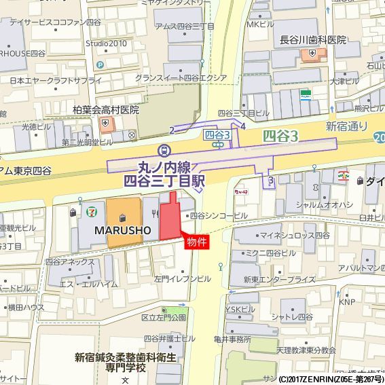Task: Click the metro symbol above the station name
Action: [163, 150]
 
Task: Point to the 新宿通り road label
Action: [347, 126]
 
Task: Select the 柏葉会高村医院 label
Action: [106, 109]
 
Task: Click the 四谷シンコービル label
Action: [219, 215]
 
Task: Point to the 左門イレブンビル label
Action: [183, 278]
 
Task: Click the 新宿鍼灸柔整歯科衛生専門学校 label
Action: [126, 362]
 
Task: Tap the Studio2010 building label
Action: [106, 44]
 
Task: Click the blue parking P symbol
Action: [99, 65]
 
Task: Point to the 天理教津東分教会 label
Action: [306, 350]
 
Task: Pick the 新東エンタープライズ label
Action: [279, 279]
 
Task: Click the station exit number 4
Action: [242, 126]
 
